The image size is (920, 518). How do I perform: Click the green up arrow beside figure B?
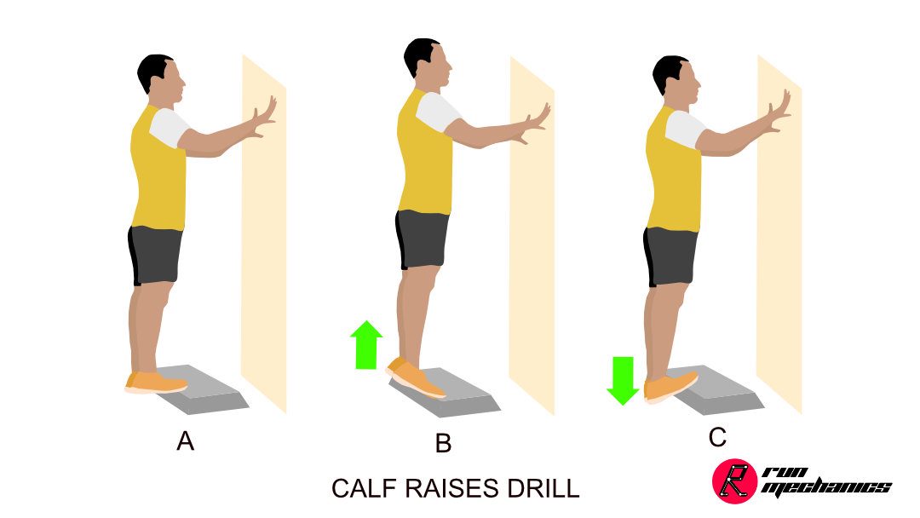[366, 345]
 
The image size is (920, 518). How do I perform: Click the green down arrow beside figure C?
[623, 381]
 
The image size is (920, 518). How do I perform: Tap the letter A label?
[186, 440]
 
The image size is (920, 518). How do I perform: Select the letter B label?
[444, 443]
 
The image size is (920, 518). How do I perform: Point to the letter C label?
[717, 438]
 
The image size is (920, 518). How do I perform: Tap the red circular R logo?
[734, 481]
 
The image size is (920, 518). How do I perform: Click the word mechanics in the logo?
[826, 487]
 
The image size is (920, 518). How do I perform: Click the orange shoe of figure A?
[156, 382]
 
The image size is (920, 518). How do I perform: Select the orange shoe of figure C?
[670, 387]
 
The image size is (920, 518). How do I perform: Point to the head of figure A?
[161, 76]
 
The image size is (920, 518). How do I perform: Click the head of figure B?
[428, 61]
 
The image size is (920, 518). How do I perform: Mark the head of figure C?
[676, 78]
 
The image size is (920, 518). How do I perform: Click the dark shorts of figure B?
[422, 239]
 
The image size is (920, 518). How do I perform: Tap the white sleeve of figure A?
[169, 127]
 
